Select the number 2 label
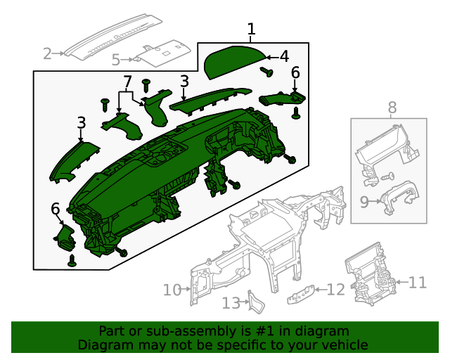pos(48,53)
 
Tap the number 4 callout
pos(284,56)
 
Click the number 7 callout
pos(127,82)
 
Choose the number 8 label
pos(392,108)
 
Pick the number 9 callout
pos(364,202)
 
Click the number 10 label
pos(172,289)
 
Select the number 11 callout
pos(418,283)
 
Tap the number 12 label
pos(336,289)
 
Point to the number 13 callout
pos(231,303)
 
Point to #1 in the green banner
pos(277,330)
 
